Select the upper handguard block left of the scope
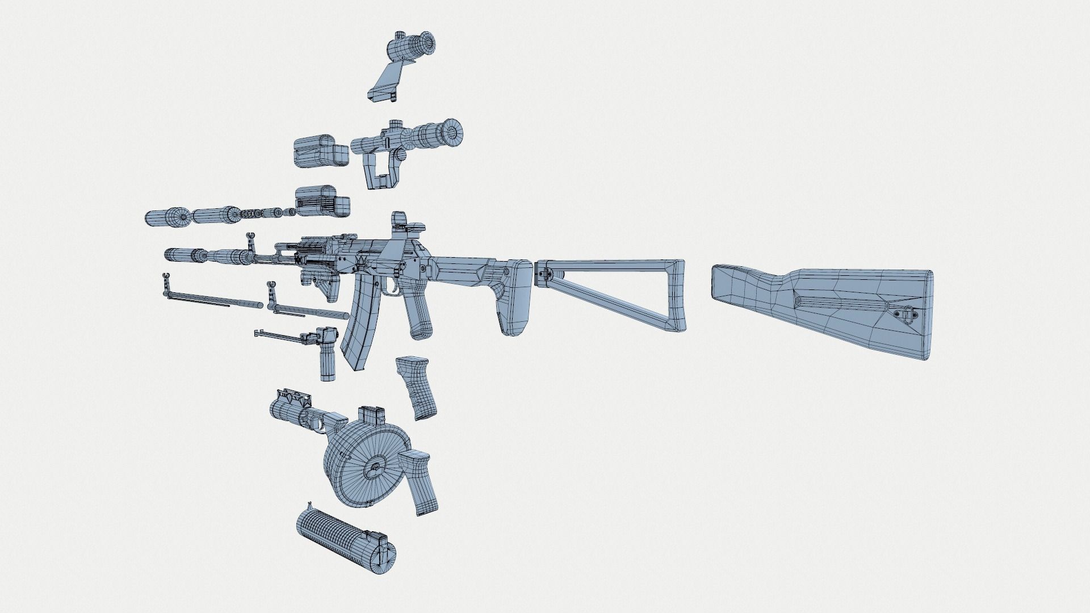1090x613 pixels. click(320, 152)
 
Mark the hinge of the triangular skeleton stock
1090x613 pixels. click(544, 272)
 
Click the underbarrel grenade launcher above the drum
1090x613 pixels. click(301, 410)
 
